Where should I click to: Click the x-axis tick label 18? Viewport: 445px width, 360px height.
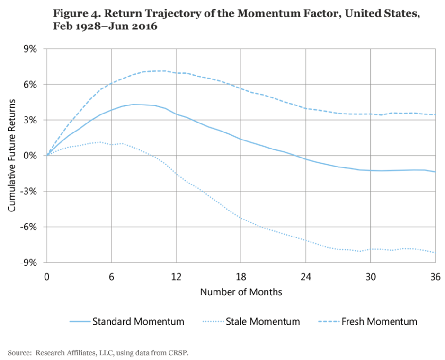tap(241, 276)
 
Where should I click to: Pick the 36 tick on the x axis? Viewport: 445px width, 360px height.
tap(435, 276)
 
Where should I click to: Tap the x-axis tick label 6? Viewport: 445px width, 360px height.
tap(111, 276)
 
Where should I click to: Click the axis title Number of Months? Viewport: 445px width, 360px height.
tap(241, 292)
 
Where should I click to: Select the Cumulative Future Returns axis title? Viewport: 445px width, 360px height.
tap(12, 155)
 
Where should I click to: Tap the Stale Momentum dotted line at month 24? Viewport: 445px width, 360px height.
tap(306, 241)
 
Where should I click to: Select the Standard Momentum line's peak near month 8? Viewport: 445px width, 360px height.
tap(133, 104)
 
